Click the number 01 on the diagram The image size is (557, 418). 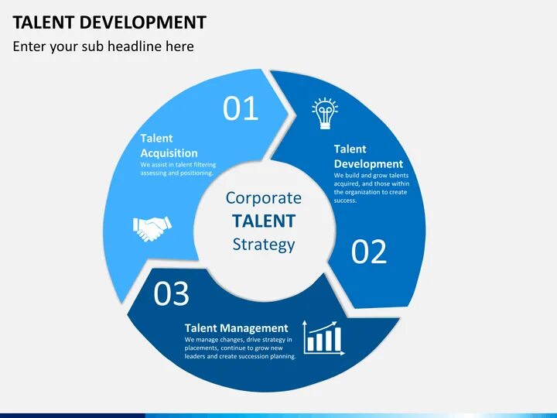pos(241,109)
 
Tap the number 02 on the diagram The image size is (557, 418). pos(369,252)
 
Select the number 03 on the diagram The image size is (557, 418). pos(171,294)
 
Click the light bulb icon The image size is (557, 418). pos(325,114)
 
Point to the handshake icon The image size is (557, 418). pos(152,228)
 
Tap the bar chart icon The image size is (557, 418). pos(323,338)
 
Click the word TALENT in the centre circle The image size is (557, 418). pos(264,221)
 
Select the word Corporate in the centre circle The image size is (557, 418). pos(264,197)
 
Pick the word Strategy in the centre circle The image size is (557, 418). pos(264,245)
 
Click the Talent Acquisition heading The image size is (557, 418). pos(169,146)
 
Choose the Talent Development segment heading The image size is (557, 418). pos(367,156)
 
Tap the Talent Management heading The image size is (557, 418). pos(236,328)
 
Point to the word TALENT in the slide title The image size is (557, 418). pos(43,22)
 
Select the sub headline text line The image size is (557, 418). pos(103,46)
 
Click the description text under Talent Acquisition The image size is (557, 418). pos(178,169)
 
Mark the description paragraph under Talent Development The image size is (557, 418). pos(371,188)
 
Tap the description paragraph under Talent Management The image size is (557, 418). pos(240,348)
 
